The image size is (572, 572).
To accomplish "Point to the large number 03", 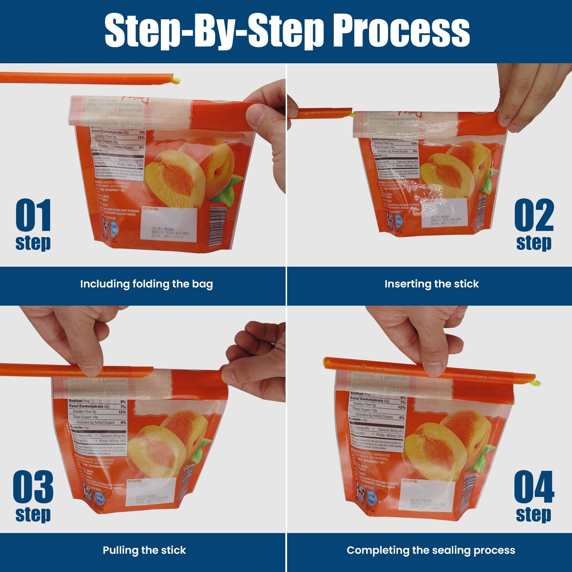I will pyautogui.click(x=33, y=487).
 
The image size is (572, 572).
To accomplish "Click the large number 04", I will pyautogui.click(x=534, y=487).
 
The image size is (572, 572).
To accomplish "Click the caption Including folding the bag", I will pyautogui.click(x=146, y=284).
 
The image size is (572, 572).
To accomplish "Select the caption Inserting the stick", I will pyautogui.click(x=432, y=284).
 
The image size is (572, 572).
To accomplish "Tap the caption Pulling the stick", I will pyautogui.click(x=144, y=550).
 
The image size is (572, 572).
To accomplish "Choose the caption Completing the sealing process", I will pyautogui.click(x=431, y=550).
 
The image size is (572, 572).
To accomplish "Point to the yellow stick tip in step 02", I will pyautogui.click(x=353, y=114).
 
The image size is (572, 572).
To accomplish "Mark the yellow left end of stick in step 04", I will pyautogui.click(x=326, y=364).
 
